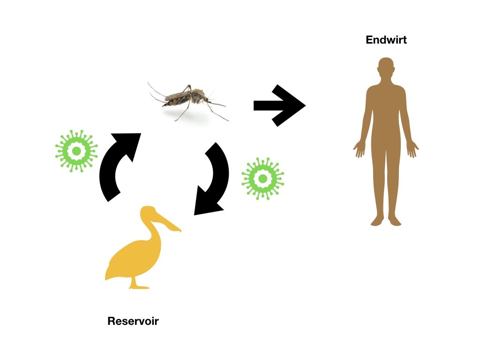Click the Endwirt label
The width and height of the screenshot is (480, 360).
(x=386, y=40)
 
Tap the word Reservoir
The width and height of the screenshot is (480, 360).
(x=133, y=321)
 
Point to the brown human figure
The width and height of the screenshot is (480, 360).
(x=386, y=141)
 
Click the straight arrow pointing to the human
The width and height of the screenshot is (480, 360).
(x=279, y=105)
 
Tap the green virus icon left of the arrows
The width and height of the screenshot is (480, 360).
(x=76, y=151)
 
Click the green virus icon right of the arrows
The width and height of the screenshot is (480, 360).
(x=262, y=178)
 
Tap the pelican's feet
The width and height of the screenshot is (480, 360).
(x=139, y=286)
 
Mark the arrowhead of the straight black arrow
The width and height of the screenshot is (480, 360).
(x=291, y=105)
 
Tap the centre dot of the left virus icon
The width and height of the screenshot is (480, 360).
(x=76, y=151)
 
